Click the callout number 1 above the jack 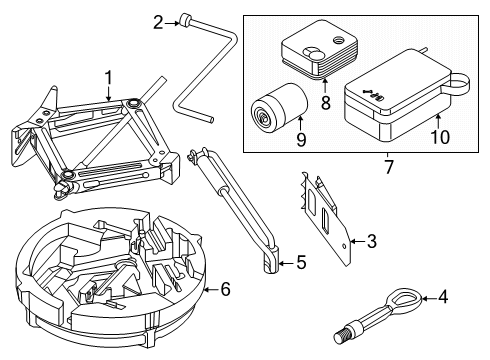pos(108,79)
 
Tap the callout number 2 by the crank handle pos(159,23)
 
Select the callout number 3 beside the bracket pos(372,241)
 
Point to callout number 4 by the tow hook pos(443,297)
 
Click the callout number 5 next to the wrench pos(301,262)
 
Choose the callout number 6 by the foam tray pos(226,289)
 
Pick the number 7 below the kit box pos(389,167)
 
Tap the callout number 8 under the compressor pos(326,103)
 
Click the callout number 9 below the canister pos(301,139)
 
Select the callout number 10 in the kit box pos(440,137)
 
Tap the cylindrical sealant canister pos(278,108)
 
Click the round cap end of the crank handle pos(184,20)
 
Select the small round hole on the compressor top pos(338,40)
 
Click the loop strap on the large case pos(458,83)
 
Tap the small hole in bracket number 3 pos(343,246)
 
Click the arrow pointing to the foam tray pos(212,289)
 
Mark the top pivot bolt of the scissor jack pos(133,103)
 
